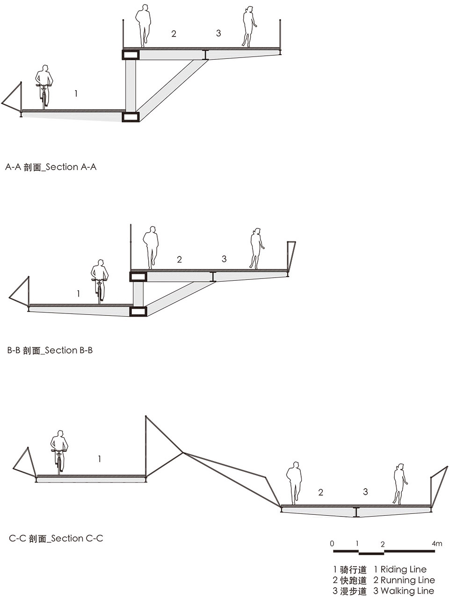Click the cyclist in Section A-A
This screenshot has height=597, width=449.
tap(44, 87)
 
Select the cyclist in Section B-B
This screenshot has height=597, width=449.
tap(99, 282)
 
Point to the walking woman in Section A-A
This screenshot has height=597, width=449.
tap(249, 27)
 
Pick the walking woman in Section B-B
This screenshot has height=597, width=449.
tap(256, 249)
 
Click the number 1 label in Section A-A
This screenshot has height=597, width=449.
tap(76, 94)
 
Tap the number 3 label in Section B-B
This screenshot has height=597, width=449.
tap(224, 259)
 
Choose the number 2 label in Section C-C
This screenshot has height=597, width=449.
tap(320, 492)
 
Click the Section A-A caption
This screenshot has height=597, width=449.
tap(51, 167)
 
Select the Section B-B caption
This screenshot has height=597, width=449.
tap(50, 350)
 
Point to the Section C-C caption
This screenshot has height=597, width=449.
tap(56, 539)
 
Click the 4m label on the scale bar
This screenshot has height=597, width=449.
tap(437, 544)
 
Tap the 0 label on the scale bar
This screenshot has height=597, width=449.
tap(332, 544)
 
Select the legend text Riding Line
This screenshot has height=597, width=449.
tap(400, 569)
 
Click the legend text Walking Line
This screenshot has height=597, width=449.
tap(404, 591)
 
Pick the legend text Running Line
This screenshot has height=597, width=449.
tap(404, 580)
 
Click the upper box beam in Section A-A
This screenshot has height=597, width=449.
tap(131, 55)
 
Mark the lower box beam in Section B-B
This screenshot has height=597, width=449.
tap(138, 311)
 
